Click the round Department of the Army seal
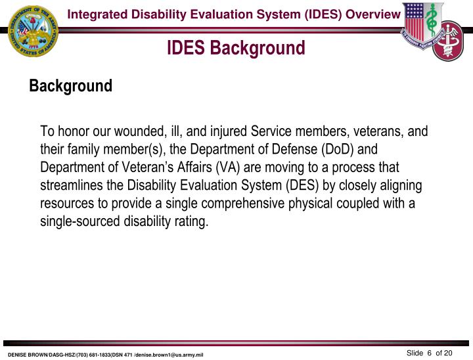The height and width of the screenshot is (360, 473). tap(32, 31)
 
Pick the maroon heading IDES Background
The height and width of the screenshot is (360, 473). tap(236, 48)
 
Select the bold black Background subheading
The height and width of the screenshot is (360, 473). tap(71, 86)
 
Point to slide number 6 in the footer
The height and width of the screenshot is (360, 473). tap(429, 353)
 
